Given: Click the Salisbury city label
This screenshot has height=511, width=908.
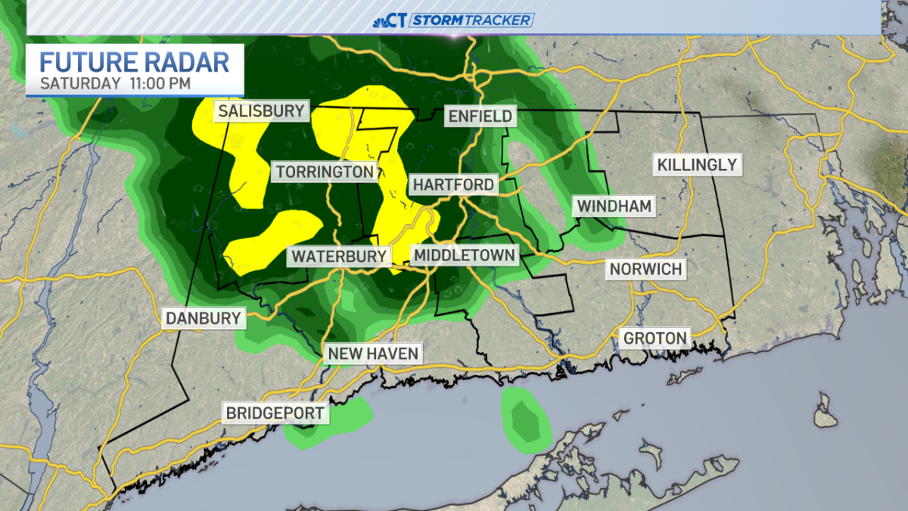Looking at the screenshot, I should (x=261, y=111).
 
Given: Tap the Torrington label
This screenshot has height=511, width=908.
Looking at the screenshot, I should (x=325, y=172).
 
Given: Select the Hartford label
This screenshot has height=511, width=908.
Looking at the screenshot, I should (x=452, y=184).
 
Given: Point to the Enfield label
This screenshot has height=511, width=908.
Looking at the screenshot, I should (x=480, y=116).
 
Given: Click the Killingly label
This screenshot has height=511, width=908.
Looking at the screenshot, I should (x=696, y=164).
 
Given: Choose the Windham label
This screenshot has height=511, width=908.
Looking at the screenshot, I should (x=614, y=206).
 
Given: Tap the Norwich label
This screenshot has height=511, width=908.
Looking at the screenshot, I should (x=645, y=269).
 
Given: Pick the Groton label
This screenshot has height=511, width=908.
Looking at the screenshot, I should (x=655, y=338).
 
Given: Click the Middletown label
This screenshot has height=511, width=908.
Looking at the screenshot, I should (x=465, y=255).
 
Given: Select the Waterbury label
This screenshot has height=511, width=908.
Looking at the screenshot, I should (x=339, y=256).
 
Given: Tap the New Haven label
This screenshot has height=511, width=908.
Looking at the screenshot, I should (x=372, y=354).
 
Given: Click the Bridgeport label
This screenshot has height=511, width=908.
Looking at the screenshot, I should (x=275, y=413).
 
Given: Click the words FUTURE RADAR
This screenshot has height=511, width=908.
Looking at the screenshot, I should (x=134, y=61).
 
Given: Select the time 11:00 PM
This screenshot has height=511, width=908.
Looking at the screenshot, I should (x=158, y=83).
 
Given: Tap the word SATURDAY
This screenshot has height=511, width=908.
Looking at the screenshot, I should (x=79, y=83).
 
